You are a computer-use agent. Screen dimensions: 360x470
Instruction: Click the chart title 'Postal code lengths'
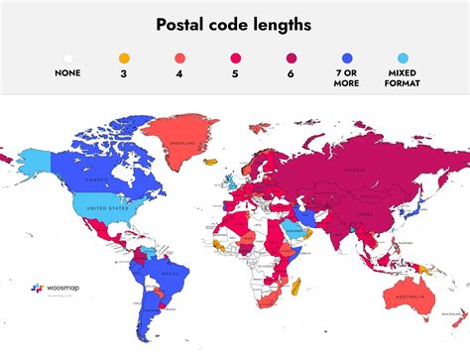(x=235, y=24)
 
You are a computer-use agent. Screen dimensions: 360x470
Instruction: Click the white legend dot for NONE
(x=68, y=58)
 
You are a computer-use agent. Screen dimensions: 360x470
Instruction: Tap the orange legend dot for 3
(x=124, y=58)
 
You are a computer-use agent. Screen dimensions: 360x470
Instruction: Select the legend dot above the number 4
(x=179, y=58)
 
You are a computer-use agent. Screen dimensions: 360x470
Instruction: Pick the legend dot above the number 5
(x=235, y=58)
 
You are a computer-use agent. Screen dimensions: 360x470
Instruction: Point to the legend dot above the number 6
(x=291, y=58)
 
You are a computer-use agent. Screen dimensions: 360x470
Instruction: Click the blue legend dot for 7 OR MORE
(x=346, y=58)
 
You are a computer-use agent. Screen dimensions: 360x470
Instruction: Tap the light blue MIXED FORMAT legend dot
(x=402, y=58)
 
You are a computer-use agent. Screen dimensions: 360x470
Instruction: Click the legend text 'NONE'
(x=68, y=72)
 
